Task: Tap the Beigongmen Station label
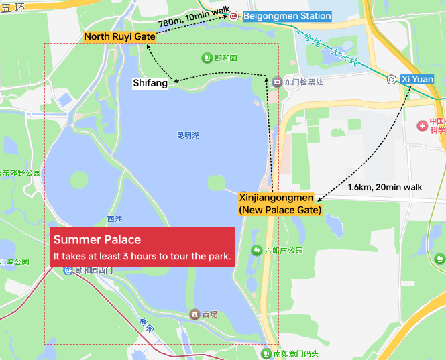[x=287, y=16]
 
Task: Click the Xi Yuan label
[x=415, y=79]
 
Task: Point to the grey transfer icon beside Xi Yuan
[x=392, y=80]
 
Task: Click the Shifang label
[x=150, y=84]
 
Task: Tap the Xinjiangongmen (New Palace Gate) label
[x=280, y=204]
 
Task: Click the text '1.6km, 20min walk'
[x=385, y=187]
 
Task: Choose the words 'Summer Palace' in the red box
[x=97, y=240]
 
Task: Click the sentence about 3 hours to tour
[x=142, y=256]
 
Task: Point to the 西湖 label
[x=115, y=219]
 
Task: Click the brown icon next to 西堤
[x=194, y=314]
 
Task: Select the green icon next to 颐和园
[x=205, y=58]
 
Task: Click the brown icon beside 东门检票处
[x=277, y=82]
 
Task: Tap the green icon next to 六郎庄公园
[x=256, y=250]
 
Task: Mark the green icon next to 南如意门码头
[x=266, y=353]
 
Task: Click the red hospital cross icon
[x=423, y=125]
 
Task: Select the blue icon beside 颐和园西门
[x=68, y=270]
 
